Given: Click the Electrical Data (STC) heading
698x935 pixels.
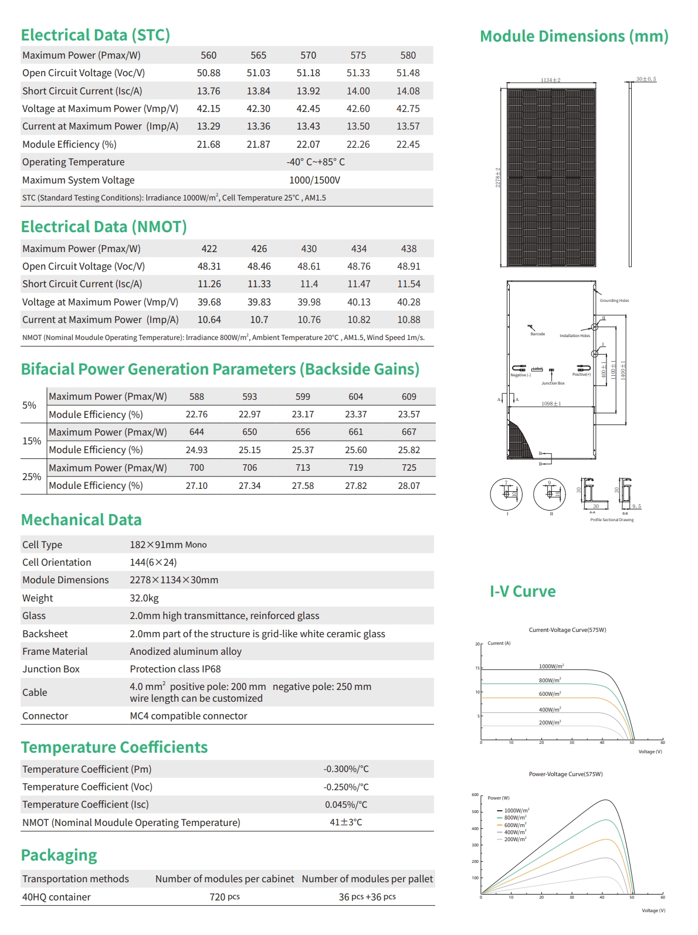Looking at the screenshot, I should (95, 35).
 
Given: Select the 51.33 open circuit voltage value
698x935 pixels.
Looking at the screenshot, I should (358, 73).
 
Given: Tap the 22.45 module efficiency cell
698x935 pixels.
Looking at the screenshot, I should (408, 144).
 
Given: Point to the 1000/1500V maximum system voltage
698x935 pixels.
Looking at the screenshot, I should (314, 180).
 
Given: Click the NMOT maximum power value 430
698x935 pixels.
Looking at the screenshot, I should (309, 249).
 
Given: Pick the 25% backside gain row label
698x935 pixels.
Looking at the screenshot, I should (32, 477).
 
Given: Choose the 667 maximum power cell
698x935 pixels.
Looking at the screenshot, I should (409, 432).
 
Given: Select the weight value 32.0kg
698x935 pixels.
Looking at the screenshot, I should (144, 598).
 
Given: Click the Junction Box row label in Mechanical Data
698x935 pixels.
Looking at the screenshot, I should (51, 669).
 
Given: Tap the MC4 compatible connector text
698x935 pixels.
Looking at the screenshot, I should (188, 716).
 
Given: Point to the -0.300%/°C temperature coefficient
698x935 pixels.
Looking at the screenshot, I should (346, 769).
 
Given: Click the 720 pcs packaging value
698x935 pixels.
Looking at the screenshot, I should (225, 897).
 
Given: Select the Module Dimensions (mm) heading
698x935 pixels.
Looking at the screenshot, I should (574, 36).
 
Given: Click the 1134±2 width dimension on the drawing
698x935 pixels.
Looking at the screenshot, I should (550, 80).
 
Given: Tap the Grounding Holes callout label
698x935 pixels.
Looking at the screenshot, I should (614, 301).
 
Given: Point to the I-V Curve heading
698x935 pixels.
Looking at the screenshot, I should (523, 591).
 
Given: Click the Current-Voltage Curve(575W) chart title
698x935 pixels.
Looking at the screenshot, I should (567, 630).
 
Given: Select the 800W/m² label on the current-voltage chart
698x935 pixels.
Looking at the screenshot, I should (550, 680).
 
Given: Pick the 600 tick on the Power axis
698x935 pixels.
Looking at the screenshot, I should (475, 795).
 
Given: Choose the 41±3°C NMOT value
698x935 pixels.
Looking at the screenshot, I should (345, 822).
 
